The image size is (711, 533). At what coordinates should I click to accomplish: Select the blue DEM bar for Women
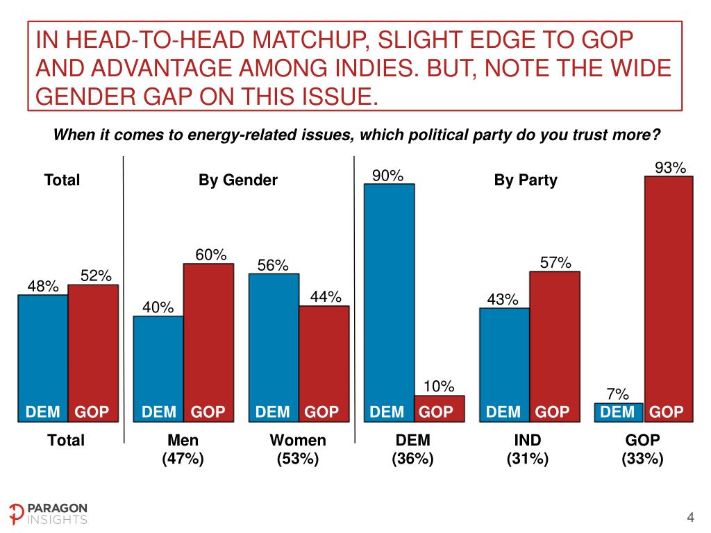[274, 347]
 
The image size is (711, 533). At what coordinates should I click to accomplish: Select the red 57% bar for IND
[554, 346]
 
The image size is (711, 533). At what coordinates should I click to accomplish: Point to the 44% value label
[325, 297]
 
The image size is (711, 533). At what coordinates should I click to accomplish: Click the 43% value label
[503, 300]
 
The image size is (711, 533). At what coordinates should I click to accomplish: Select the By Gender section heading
[238, 180]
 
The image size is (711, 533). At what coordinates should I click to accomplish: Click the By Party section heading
[526, 180]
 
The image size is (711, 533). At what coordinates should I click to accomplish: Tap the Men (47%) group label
[183, 449]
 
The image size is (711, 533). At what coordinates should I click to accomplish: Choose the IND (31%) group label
[528, 449]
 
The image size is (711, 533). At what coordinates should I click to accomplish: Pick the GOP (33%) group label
[642, 449]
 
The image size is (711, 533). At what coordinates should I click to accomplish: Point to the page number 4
[690, 517]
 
